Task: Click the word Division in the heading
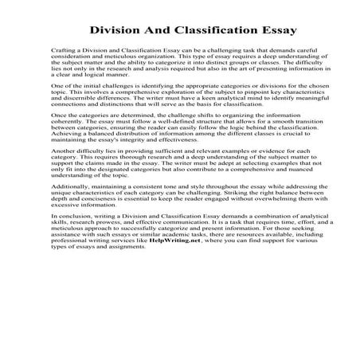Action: coord(114,30)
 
